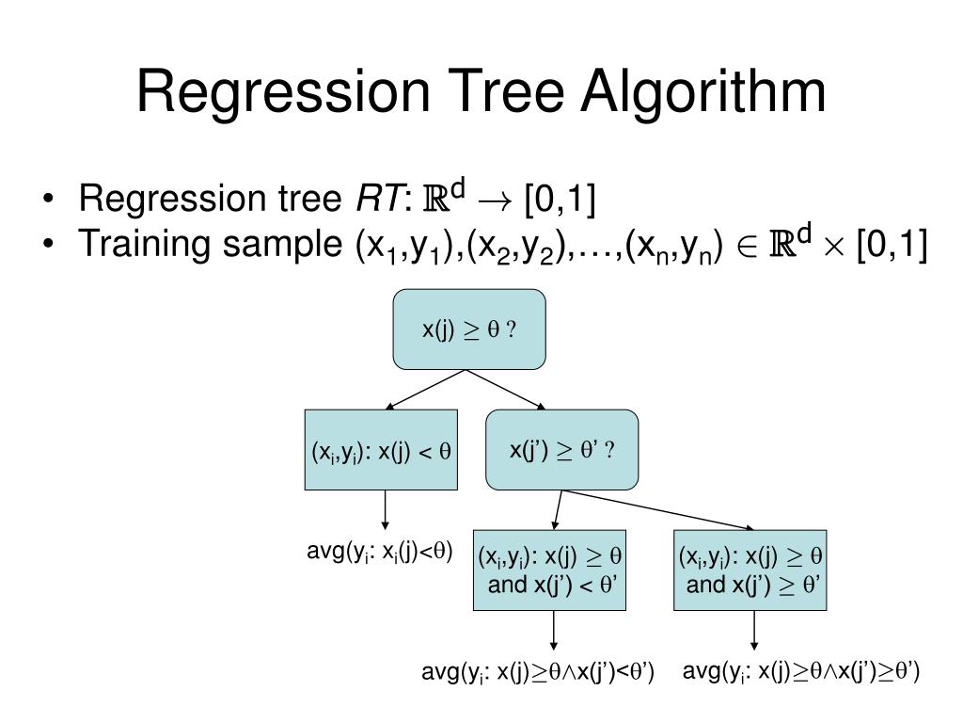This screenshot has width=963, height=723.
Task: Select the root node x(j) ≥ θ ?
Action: coord(468,329)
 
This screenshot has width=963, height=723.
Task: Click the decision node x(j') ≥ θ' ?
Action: coord(561,450)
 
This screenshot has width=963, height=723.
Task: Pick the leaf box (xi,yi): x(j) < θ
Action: coord(381,450)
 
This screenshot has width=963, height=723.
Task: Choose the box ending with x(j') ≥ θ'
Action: coord(750,570)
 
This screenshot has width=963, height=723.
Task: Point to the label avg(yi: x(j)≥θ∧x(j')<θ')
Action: coord(537,671)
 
